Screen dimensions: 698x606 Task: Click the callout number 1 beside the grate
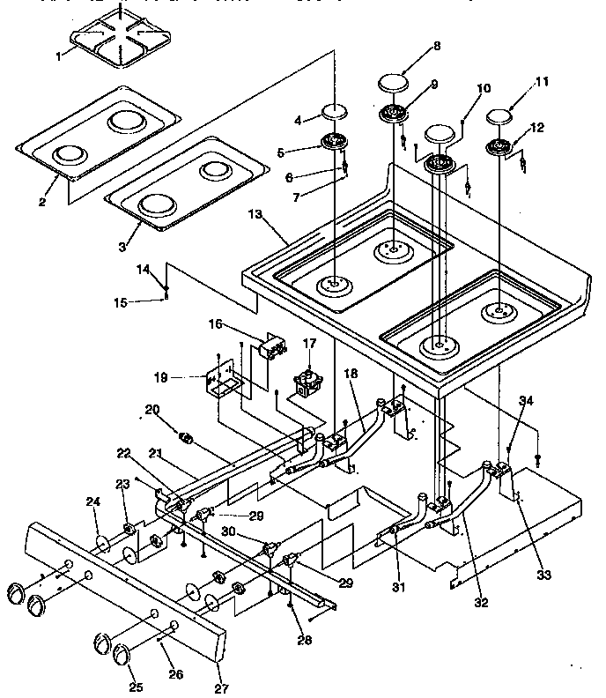pyautogui.click(x=59, y=56)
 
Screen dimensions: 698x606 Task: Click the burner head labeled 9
pyautogui.click(x=395, y=113)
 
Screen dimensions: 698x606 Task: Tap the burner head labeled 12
pyautogui.click(x=500, y=147)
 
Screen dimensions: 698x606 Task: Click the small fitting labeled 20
pyautogui.click(x=186, y=435)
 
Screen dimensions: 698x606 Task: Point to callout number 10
pyautogui.click(x=484, y=89)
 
